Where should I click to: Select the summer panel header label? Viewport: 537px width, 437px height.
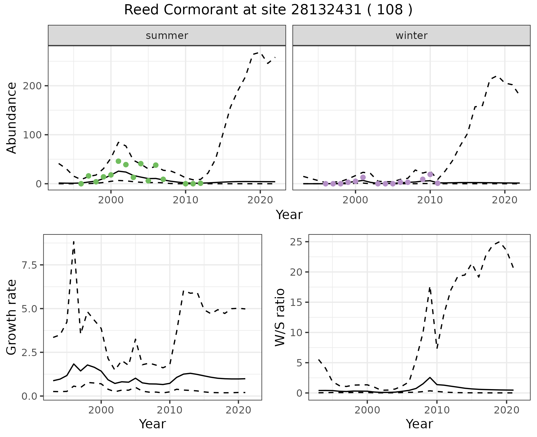[x=167, y=36]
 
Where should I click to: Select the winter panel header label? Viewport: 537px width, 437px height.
[x=411, y=36]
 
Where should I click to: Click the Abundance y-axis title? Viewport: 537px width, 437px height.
[x=12, y=118]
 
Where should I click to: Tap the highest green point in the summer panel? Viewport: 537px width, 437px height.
[x=118, y=161]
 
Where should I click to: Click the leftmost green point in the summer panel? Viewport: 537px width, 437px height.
[x=81, y=184]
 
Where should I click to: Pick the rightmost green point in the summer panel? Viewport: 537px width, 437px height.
[x=201, y=183]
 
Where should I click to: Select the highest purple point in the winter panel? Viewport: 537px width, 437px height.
[x=430, y=175]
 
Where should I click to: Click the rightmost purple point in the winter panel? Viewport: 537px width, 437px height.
[x=438, y=183]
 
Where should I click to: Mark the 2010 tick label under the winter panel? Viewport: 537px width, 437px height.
[x=430, y=201]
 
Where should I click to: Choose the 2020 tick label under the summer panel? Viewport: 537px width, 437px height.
[x=260, y=201]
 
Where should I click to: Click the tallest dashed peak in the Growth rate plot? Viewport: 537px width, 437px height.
[x=74, y=241]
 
